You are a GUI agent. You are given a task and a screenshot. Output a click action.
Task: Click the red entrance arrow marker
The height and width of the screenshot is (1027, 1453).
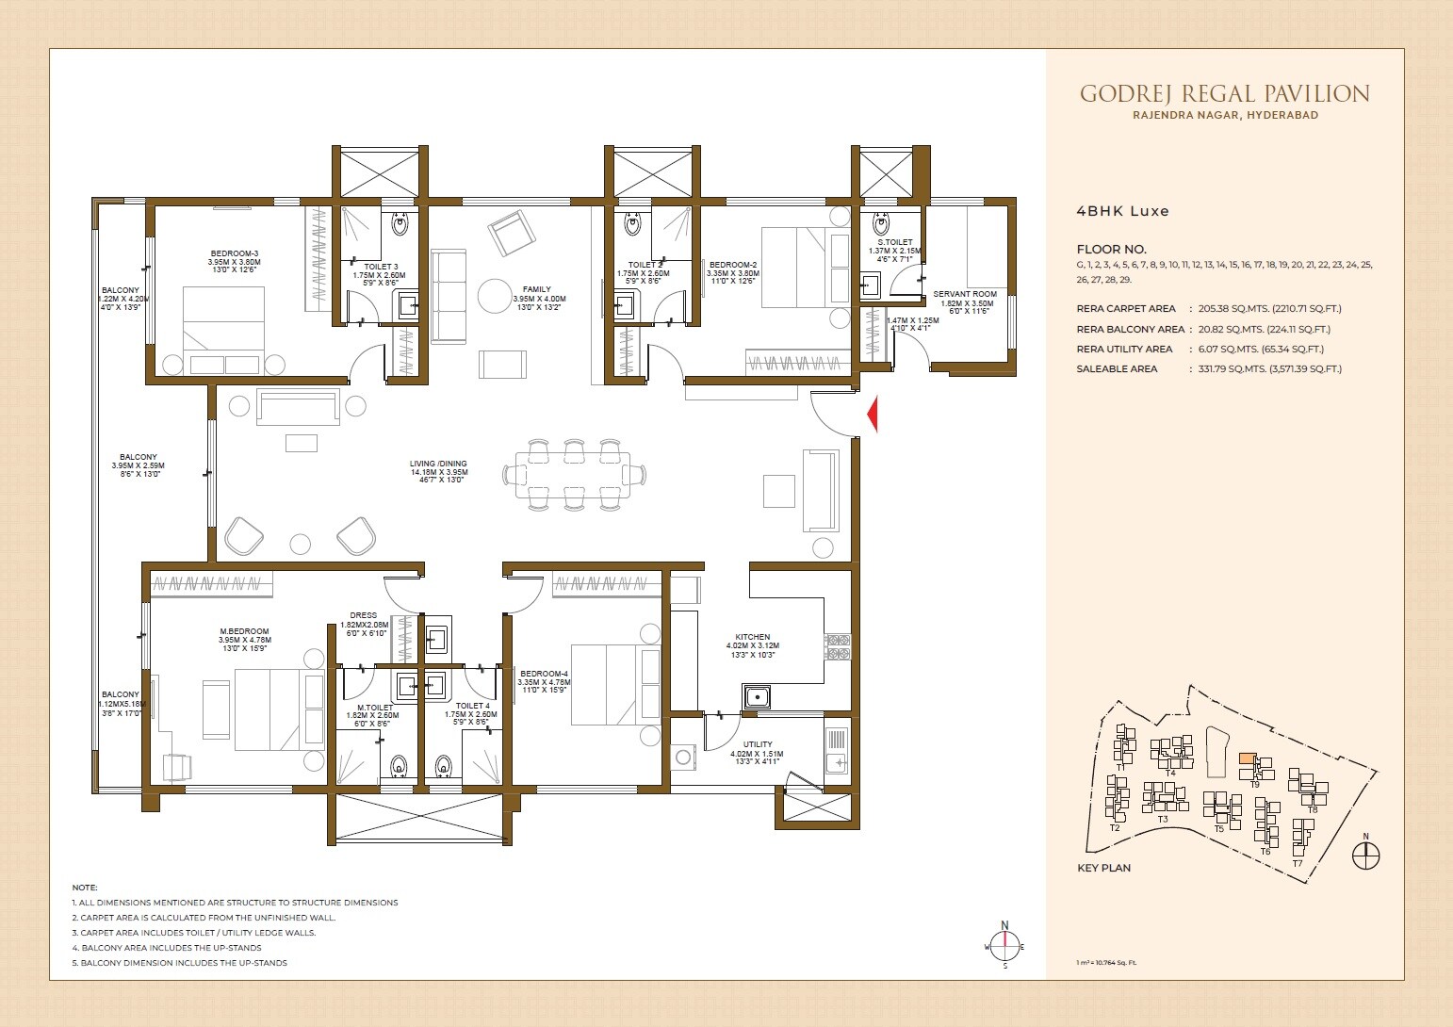873,414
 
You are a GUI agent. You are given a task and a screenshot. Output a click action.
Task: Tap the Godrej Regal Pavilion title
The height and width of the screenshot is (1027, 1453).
1224,94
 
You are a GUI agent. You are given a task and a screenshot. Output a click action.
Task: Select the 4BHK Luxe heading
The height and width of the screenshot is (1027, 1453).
1122,211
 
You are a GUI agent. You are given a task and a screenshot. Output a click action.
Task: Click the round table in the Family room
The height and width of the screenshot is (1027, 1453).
495,296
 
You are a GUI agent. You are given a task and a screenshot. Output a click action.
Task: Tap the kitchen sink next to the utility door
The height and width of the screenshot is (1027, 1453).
756,697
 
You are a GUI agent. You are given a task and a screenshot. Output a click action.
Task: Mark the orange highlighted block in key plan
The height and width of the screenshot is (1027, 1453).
1247,758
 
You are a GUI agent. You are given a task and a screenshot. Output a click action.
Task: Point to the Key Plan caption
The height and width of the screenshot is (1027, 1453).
1103,868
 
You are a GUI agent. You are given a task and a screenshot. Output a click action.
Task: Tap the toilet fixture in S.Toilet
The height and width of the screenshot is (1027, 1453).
881,224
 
